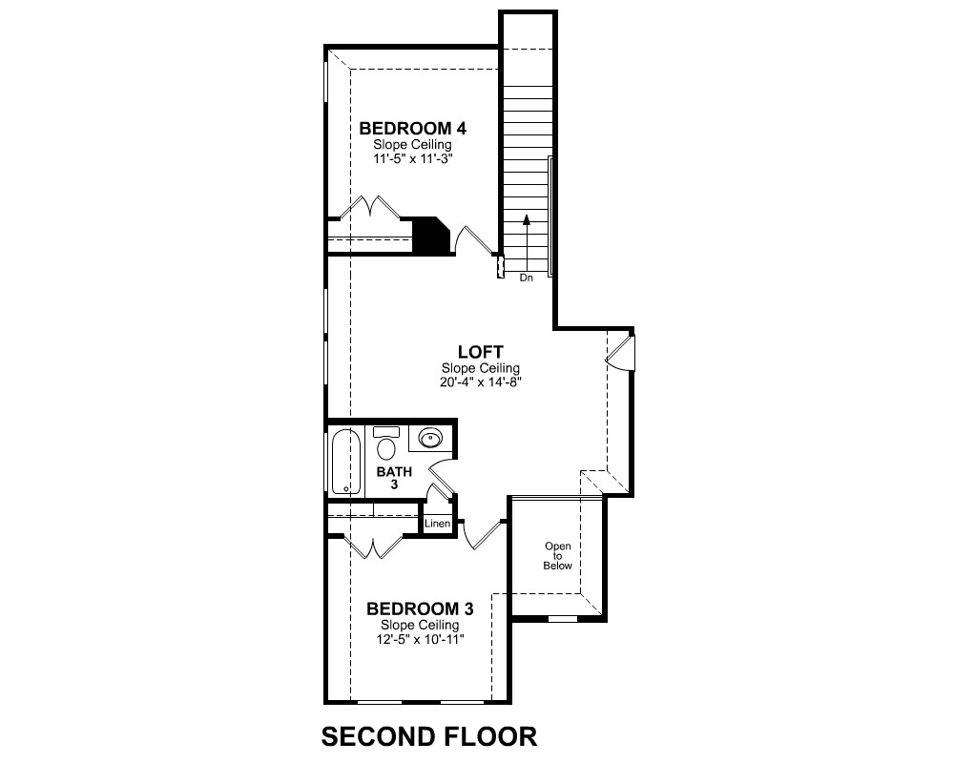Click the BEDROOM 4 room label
412,129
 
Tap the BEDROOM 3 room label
420,608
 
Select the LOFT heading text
481,352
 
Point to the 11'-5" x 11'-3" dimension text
413,159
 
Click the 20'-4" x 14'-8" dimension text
481,382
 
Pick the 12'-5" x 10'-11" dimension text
421,639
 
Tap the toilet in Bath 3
385,443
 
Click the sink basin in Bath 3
431,438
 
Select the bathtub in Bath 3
346,462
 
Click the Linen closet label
438,524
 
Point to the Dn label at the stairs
527,278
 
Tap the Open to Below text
558,555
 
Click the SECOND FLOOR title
429,736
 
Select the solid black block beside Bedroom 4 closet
431,235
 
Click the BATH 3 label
394,478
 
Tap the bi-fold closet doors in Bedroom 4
370,206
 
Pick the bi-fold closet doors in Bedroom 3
374,546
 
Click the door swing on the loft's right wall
620,353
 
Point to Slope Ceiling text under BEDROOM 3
420,625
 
